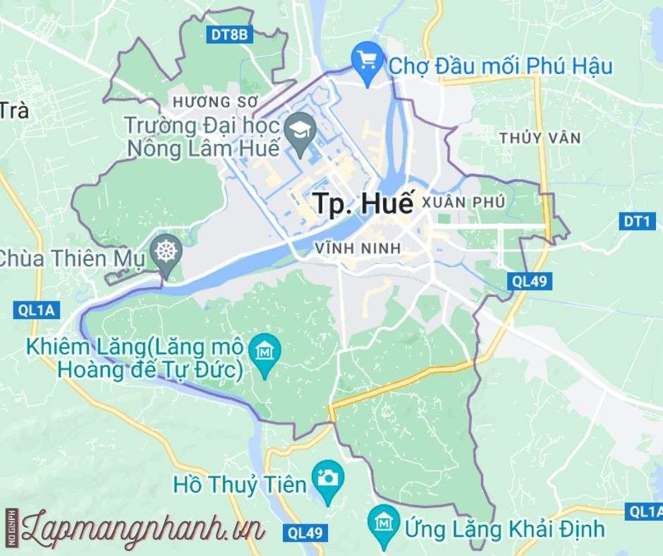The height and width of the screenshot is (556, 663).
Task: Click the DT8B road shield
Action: coord(231,35)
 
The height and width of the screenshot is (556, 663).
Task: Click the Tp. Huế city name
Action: coord(362,203)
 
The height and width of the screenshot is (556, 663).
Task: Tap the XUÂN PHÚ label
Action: coord(463,203)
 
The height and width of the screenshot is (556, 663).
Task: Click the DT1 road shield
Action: coord(635,222)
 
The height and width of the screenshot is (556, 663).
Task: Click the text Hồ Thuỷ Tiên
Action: coord(240,485)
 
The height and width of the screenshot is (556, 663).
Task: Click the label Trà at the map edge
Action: coord(13,111)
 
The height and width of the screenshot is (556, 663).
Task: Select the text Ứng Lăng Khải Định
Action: coord(504,527)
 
